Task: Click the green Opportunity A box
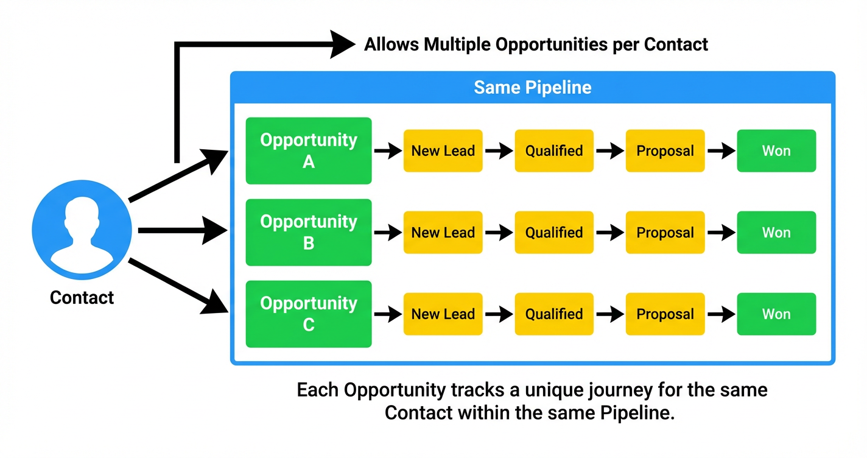click(309, 150)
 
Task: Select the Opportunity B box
click(309, 232)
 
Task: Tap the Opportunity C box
click(309, 314)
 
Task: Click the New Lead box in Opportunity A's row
click(443, 151)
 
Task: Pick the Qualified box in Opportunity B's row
click(554, 233)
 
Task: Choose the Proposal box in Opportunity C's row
click(665, 314)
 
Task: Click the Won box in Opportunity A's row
click(776, 151)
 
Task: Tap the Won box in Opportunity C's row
click(776, 314)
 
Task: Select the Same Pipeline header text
click(533, 87)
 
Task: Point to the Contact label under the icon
click(82, 298)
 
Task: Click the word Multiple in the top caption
click(462, 44)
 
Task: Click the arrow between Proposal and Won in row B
click(721, 233)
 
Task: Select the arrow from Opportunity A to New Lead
click(387, 151)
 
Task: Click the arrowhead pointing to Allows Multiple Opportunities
click(342, 44)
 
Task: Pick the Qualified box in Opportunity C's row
click(554, 314)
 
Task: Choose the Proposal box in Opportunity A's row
click(665, 151)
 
